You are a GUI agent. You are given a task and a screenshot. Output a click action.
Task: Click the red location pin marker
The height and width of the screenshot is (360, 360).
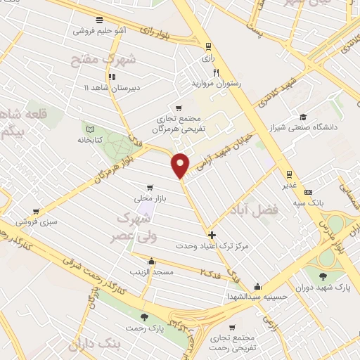coord(180,165)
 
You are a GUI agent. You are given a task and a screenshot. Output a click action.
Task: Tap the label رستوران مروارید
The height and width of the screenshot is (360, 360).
coord(216,83)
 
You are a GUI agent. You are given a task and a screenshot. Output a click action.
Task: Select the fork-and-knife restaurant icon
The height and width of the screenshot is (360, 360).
coord(217,72)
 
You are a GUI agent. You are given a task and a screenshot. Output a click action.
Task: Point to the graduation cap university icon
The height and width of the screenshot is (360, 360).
coord(302,117)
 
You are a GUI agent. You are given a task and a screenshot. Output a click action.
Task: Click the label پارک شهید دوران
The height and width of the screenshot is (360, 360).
coord(324,288)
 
